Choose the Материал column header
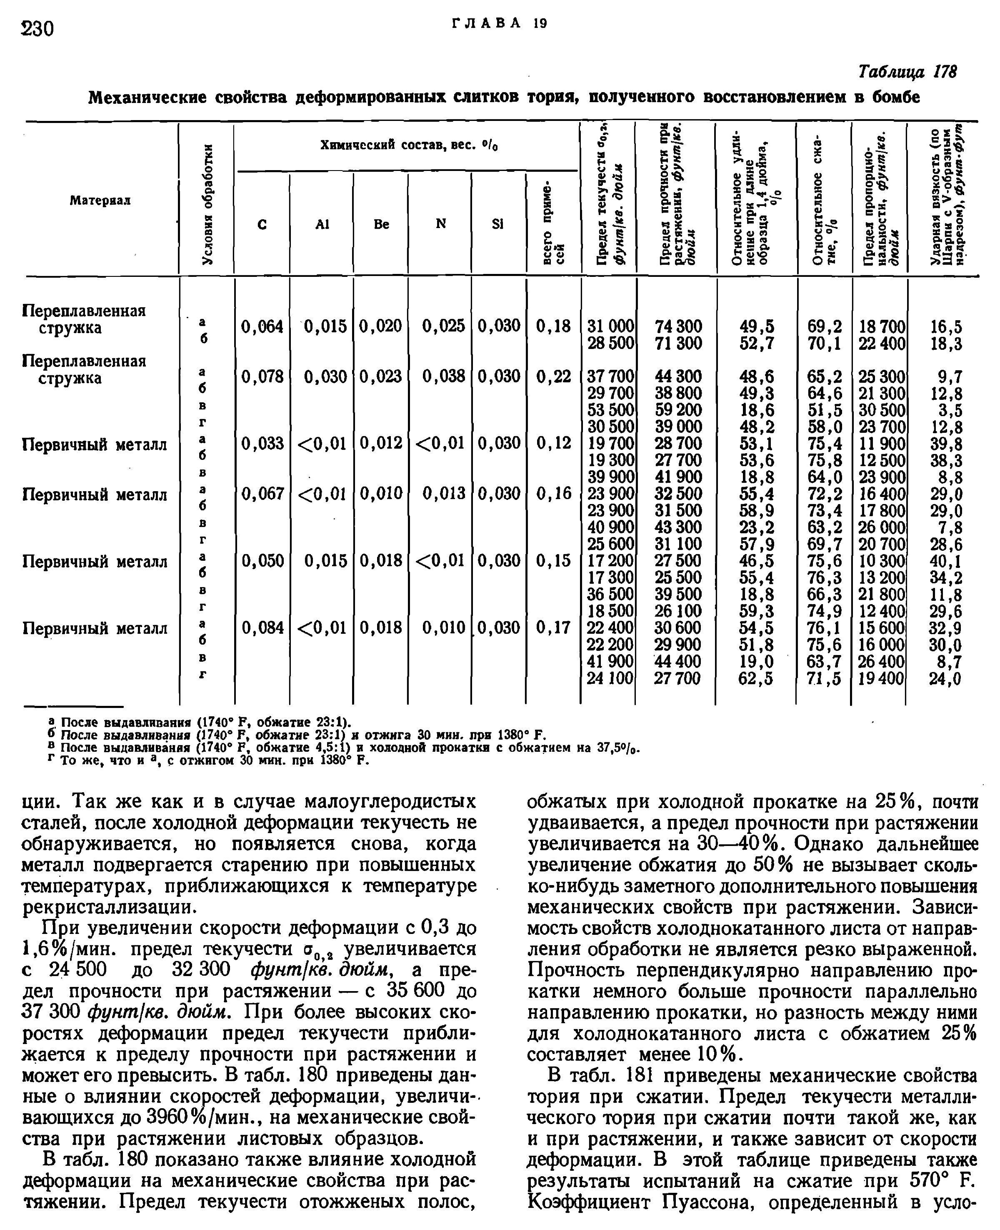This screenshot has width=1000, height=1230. point(100,201)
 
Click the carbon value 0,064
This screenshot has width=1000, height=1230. point(262,327)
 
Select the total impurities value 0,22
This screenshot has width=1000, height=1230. point(554,377)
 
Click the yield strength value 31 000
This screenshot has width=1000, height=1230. point(610,327)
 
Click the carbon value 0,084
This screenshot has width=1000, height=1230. point(262,628)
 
